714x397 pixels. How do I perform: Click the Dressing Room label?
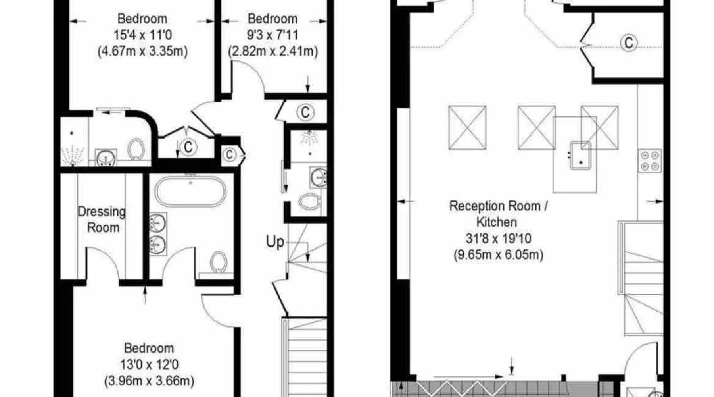coord(102,219)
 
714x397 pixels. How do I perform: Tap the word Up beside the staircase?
coord(275,241)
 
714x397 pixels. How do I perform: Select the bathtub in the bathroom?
coord(190,192)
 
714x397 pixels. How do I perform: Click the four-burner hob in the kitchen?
coord(650,161)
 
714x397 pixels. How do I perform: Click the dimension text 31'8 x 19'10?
coord(498,238)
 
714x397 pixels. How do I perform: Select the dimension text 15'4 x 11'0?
coord(143,35)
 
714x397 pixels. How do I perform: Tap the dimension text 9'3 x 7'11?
coord(273,35)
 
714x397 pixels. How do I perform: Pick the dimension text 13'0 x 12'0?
coord(149,364)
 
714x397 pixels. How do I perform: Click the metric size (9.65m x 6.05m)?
coord(498,254)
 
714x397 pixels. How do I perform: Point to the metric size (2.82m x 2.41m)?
coord(273,51)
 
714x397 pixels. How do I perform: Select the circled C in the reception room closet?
coord(629,42)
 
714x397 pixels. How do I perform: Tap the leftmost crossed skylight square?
coord(467,127)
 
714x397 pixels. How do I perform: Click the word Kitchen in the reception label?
coord(497,222)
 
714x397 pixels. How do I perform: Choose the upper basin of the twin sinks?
coord(158,223)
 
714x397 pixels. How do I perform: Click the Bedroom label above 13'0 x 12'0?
coord(149,348)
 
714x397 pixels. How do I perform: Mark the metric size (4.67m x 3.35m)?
coord(143,51)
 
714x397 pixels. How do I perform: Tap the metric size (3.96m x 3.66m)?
coord(149,381)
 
